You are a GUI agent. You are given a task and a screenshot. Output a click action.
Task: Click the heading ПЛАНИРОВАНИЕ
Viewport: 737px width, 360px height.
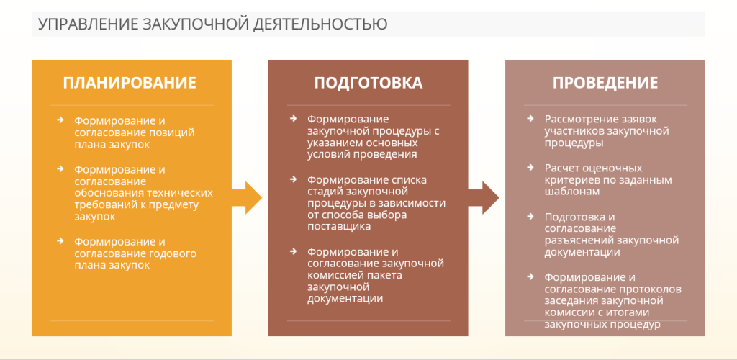[x=130, y=83]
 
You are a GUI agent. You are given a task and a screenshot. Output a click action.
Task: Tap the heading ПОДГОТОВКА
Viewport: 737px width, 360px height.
[x=368, y=83]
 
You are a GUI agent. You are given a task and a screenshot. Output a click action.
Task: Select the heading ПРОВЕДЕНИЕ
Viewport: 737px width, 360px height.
[x=605, y=83]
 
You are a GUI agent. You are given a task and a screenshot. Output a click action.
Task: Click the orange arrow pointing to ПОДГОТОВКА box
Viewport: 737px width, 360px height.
[x=247, y=198]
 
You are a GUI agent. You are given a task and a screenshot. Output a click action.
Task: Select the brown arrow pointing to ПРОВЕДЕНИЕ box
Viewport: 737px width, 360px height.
[x=484, y=198]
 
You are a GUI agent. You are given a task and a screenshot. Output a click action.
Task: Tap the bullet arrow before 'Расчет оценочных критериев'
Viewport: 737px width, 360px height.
[x=530, y=167]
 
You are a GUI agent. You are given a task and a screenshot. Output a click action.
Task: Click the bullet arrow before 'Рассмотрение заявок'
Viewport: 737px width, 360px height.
[x=530, y=118]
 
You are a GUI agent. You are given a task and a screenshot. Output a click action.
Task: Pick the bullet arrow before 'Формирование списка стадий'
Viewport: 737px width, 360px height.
[x=294, y=179]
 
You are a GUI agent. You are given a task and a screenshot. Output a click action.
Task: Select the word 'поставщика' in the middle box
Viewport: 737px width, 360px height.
[x=338, y=227]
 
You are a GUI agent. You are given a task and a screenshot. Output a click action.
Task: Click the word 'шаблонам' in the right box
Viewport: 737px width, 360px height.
[x=571, y=192]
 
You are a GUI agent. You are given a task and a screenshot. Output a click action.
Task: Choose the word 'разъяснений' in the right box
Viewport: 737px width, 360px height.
[x=579, y=240]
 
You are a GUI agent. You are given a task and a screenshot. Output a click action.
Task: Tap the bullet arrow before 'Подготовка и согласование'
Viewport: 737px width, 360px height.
[x=530, y=216]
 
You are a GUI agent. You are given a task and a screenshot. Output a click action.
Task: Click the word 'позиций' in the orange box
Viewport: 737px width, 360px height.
[x=176, y=132]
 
